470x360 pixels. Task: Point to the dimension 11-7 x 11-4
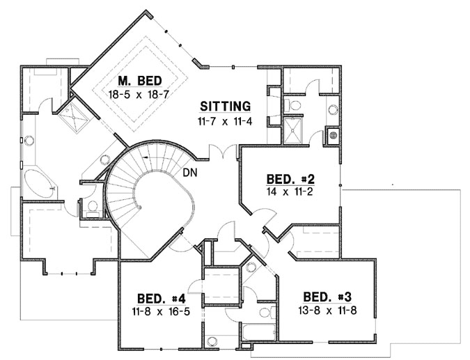click(224, 121)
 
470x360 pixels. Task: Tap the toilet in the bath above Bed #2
click(294, 105)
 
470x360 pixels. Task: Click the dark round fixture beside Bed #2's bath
click(333, 135)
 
